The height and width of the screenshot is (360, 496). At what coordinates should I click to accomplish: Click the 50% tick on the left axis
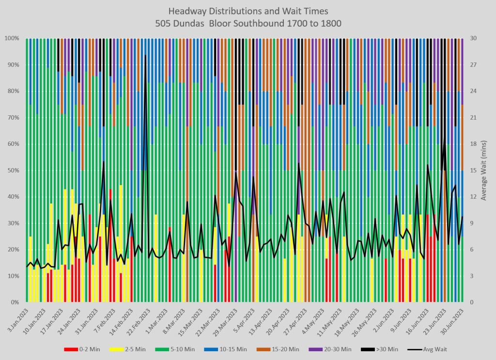[x=12, y=171]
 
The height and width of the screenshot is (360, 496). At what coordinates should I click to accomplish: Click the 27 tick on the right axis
[x=473, y=65]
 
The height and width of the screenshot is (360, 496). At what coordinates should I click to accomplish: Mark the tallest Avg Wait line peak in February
[x=145, y=55]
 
